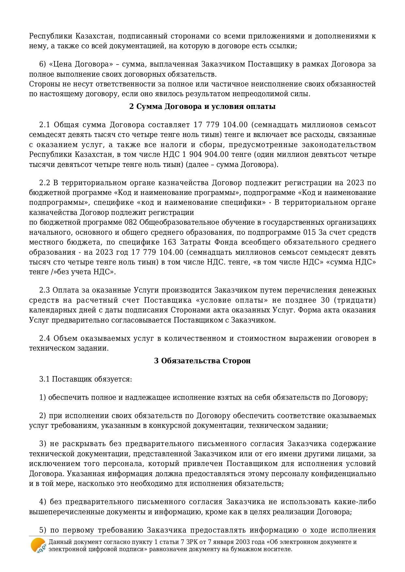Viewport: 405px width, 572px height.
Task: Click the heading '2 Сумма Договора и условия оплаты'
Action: [202, 107]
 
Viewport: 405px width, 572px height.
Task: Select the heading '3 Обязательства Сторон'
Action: [202, 361]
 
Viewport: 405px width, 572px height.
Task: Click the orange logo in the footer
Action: [38, 545]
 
